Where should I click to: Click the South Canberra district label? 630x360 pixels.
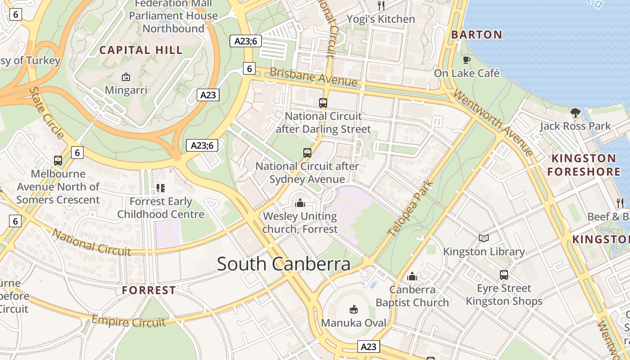point(283,264)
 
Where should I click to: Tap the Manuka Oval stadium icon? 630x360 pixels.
point(354,309)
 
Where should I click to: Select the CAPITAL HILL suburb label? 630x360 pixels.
point(141,50)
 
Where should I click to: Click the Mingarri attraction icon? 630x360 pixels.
point(126,77)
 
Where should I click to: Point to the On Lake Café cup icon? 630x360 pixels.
point(467,59)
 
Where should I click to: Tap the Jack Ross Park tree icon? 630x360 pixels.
point(575,112)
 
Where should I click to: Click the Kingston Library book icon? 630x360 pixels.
point(484,238)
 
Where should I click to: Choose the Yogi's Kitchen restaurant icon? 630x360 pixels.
point(381,5)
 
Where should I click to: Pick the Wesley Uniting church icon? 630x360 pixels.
point(300,203)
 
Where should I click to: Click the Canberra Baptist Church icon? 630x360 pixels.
point(412,276)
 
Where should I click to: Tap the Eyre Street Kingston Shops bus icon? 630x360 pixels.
point(504,274)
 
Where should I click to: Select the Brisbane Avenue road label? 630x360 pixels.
point(314,77)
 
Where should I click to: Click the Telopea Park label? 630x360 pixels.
point(410,208)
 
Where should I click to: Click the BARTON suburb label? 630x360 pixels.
point(477,35)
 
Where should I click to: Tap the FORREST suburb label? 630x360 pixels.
point(149,290)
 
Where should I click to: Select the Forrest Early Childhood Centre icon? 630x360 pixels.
point(161,188)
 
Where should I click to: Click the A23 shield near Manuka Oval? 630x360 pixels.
point(369,346)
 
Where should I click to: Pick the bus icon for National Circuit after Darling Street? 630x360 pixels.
point(323,103)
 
